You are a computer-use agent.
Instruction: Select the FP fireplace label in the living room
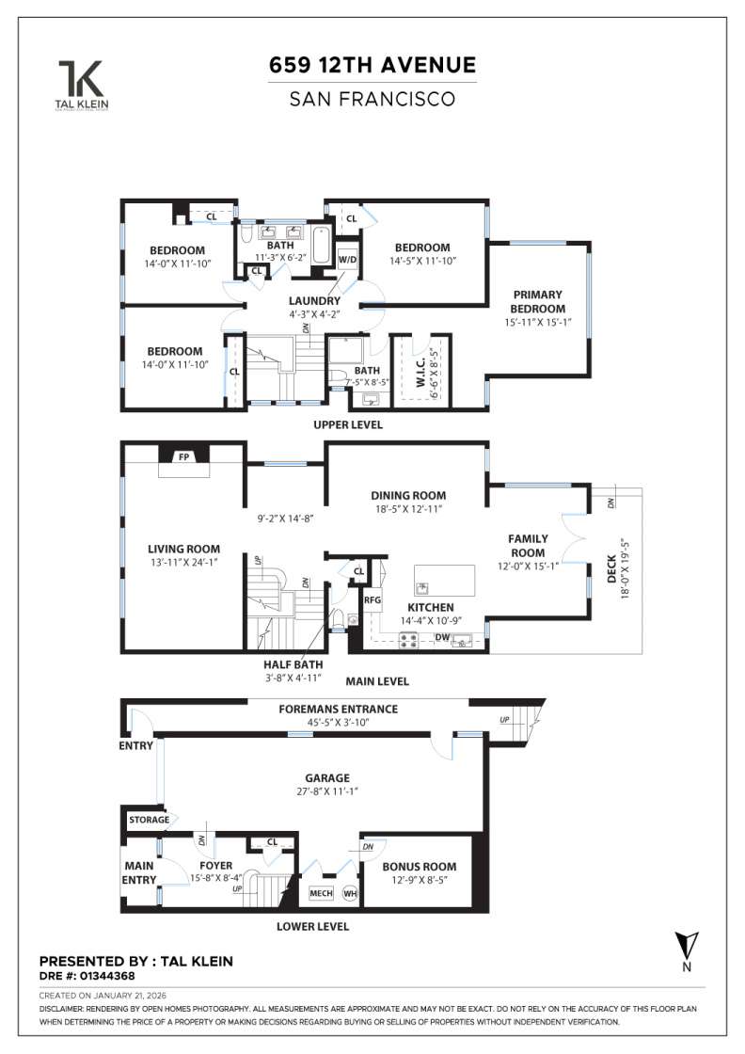coord(183,456)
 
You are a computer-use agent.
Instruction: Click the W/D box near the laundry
coord(348,258)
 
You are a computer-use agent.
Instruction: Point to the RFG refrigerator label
coord(372,599)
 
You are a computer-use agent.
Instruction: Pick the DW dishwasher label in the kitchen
coord(441,637)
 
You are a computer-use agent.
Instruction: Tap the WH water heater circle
coord(350,893)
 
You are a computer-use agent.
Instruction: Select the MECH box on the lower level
coord(321,893)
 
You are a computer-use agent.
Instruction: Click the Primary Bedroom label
coord(538,301)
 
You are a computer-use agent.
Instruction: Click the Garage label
coord(326,778)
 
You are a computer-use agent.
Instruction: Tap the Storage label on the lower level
coord(150,820)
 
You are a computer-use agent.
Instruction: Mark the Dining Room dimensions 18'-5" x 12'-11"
coord(407,509)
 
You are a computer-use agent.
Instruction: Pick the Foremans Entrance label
coord(339,709)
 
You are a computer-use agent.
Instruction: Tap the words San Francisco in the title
coord(372,98)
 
